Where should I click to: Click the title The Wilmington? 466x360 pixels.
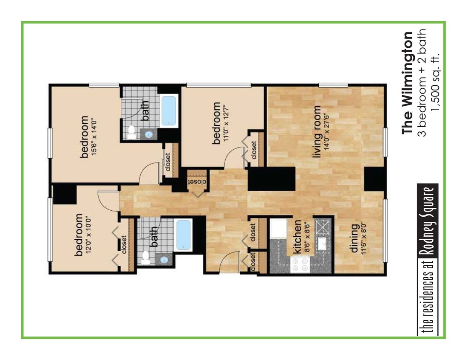click(x=408, y=83)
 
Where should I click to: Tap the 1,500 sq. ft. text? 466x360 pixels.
click(x=435, y=83)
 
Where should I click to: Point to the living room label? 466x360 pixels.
click(x=316, y=138)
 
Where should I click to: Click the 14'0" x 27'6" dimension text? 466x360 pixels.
click(x=326, y=138)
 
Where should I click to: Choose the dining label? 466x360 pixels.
click(x=354, y=242)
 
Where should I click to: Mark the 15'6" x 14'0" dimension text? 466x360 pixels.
click(x=93, y=137)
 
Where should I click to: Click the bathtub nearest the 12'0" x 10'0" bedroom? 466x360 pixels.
click(x=183, y=234)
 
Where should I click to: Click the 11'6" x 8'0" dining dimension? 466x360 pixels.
click(x=363, y=242)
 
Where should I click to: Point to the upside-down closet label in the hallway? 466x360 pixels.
click(x=197, y=181)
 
